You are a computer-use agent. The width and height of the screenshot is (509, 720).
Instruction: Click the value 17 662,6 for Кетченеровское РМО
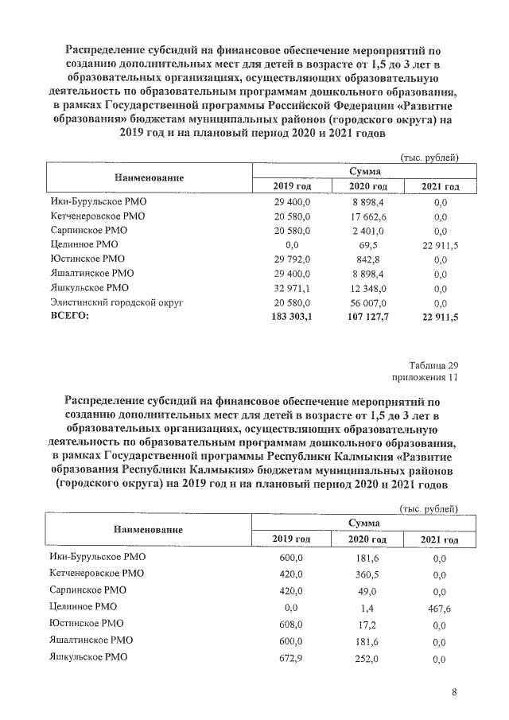click(x=367, y=216)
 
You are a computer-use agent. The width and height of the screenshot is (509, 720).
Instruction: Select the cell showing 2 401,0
click(x=367, y=231)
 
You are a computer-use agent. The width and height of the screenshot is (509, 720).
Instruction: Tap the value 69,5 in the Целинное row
click(x=367, y=245)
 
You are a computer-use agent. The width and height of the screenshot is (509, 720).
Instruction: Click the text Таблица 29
click(x=437, y=364)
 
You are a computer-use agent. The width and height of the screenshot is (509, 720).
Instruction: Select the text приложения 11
click(x=428, y=376)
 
